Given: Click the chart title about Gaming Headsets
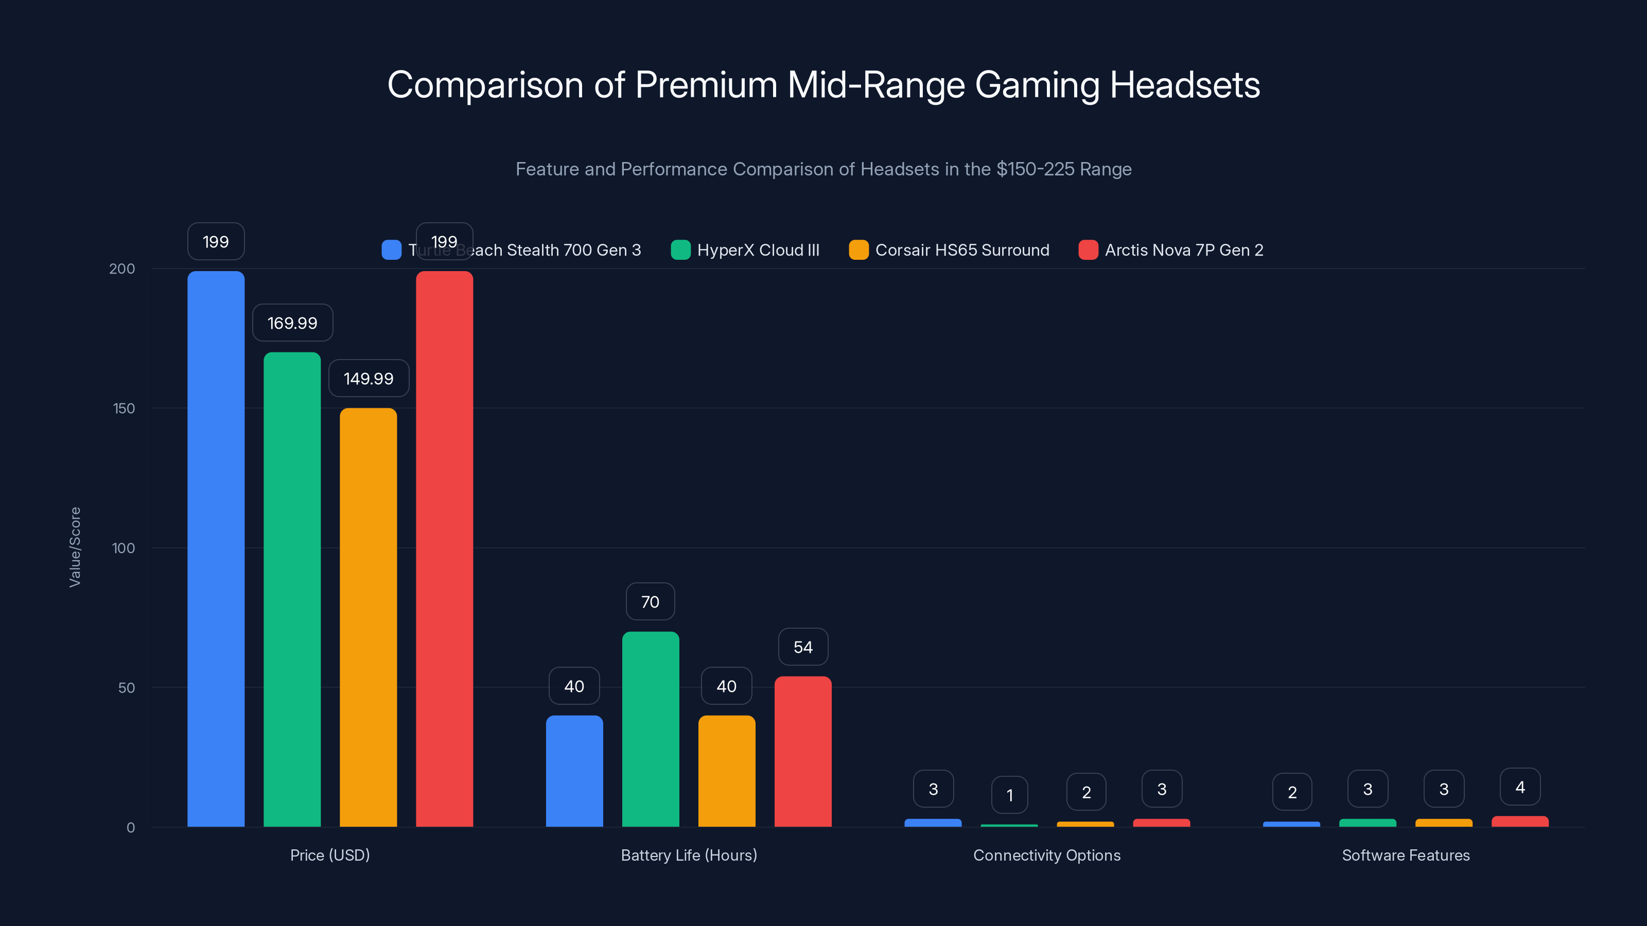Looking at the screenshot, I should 823,85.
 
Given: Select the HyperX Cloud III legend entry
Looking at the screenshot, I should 745,250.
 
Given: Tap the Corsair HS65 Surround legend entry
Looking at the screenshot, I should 950,250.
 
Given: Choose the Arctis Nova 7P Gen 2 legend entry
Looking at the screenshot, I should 1171,250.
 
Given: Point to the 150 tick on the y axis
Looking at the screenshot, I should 124,408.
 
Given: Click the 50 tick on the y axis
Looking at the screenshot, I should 126,688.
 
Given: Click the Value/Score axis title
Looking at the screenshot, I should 75,547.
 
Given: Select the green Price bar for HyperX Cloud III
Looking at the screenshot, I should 292,588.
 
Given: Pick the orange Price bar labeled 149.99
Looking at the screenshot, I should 369,617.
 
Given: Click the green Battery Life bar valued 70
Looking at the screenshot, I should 650,728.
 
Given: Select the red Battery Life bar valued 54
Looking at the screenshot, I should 803,751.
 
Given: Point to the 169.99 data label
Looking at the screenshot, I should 292,323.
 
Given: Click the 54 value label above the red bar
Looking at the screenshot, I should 803,647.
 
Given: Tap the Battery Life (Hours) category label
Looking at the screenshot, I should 689,855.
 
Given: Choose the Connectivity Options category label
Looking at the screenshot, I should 1047,855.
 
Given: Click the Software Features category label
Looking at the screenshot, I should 1405,855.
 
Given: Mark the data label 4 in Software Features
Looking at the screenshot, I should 1520,787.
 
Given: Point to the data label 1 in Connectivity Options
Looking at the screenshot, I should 1009,795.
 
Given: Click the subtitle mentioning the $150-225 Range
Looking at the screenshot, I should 823,169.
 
